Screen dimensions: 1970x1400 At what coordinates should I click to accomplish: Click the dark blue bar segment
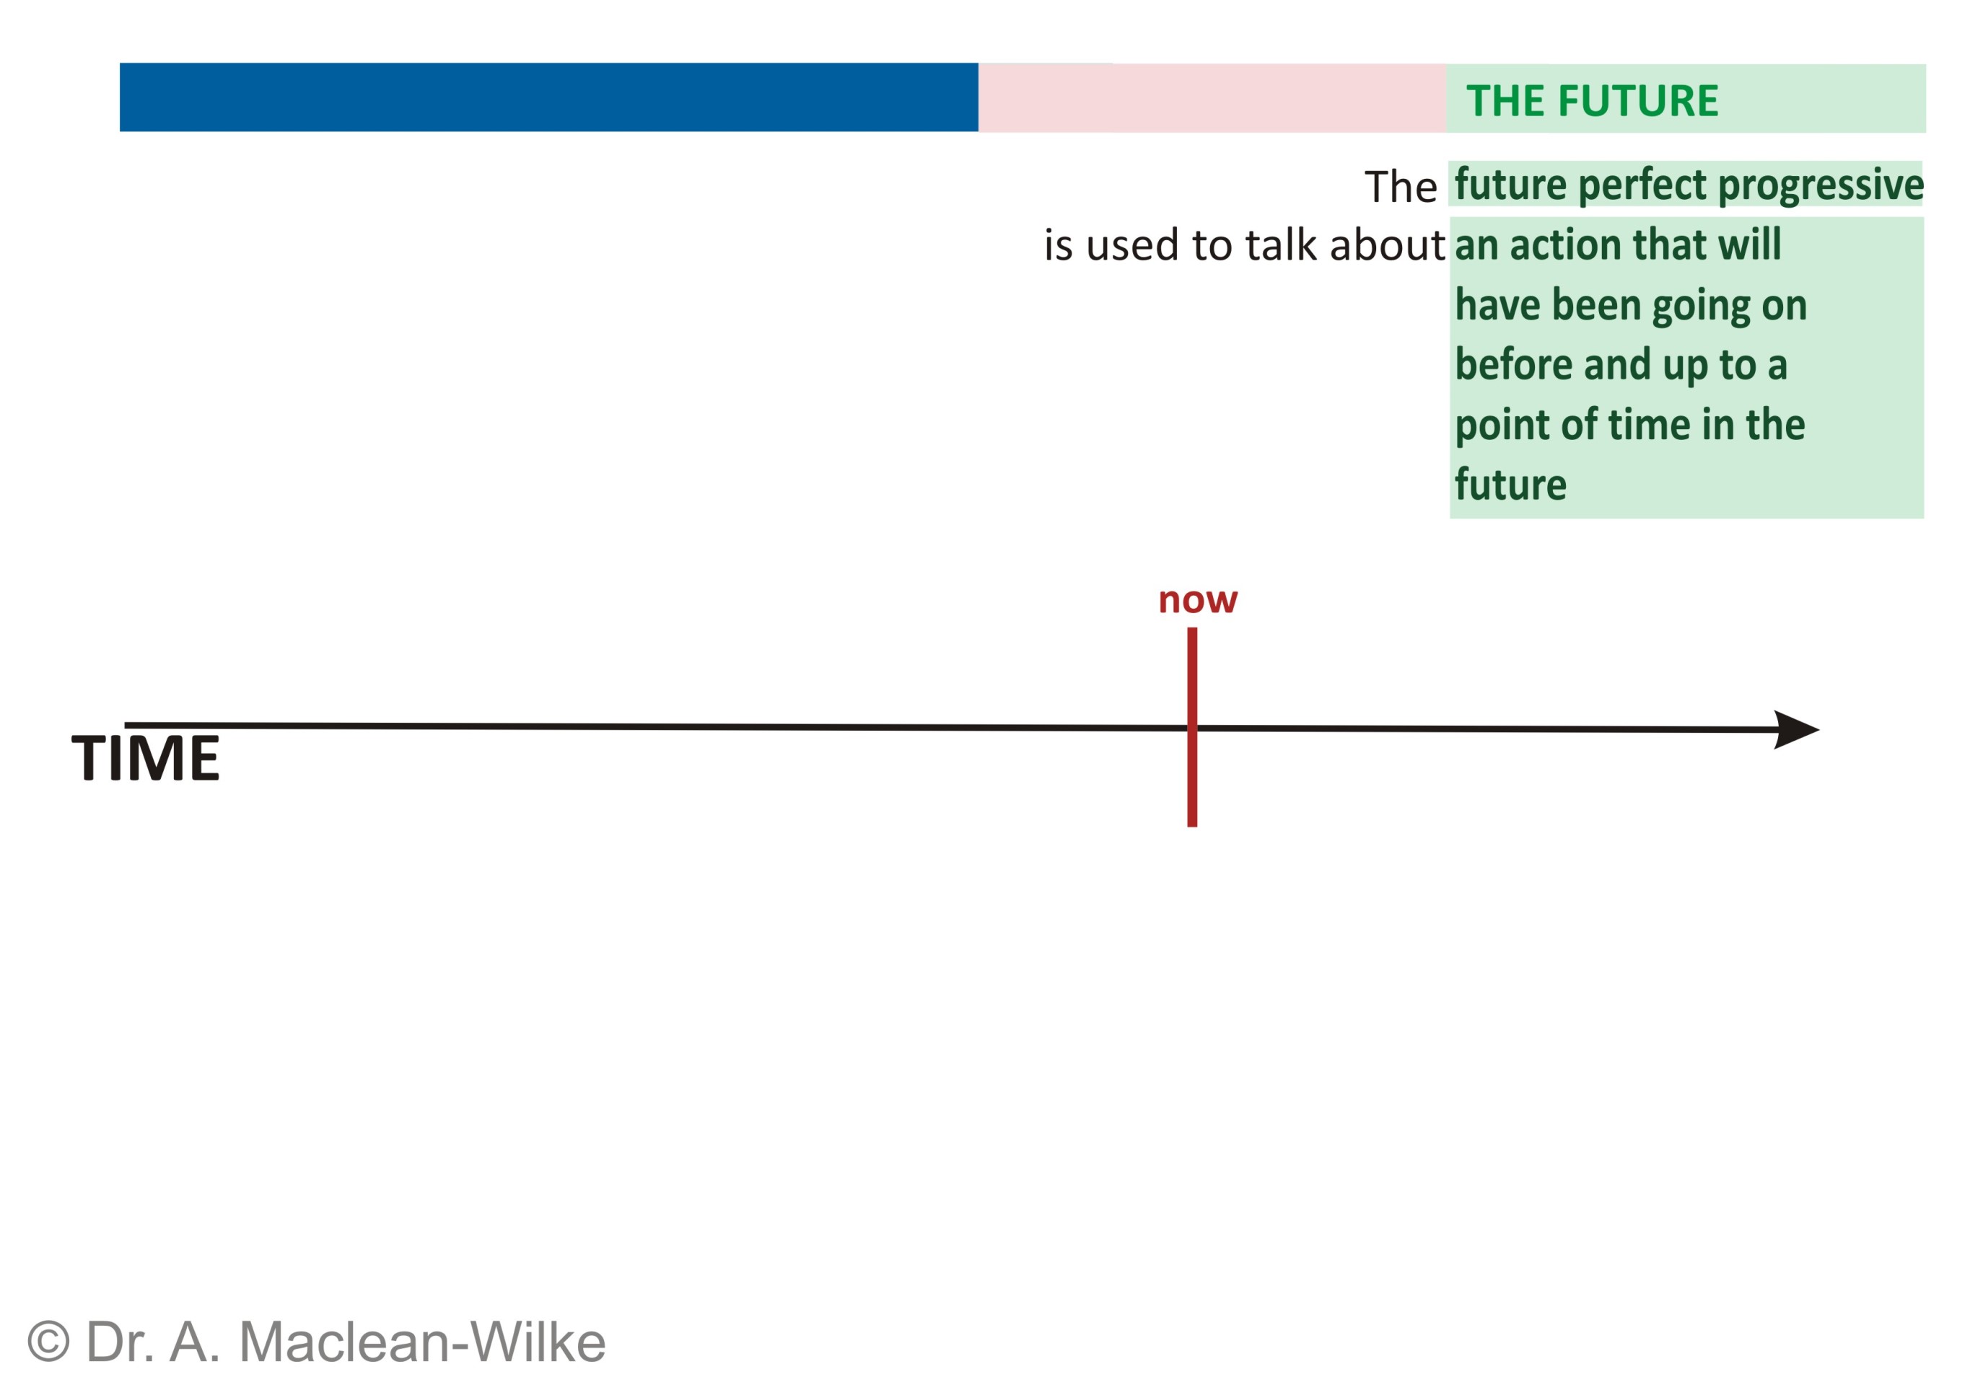[x=548, y=97]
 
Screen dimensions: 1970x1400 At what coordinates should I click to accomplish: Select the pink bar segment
[x=1212, y=98]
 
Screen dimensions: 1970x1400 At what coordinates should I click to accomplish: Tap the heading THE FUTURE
[x=1592, y=101]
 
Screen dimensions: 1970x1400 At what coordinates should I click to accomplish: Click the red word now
[x=1197, y=600]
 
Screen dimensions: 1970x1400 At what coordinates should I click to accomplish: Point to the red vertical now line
[x=1192, y=727]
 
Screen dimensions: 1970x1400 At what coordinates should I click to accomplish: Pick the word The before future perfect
[x=1401, y=187]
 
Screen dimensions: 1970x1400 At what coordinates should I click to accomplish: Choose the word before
[x=1514, y=365]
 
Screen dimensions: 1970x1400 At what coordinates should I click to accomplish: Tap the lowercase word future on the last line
[x=1510, y=485]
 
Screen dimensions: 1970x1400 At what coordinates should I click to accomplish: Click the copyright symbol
[x=48, y=1342]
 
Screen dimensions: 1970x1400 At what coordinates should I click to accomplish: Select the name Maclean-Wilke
[x=421, y=1342]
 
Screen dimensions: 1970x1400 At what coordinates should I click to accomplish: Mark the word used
[x=1132, y=246]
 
